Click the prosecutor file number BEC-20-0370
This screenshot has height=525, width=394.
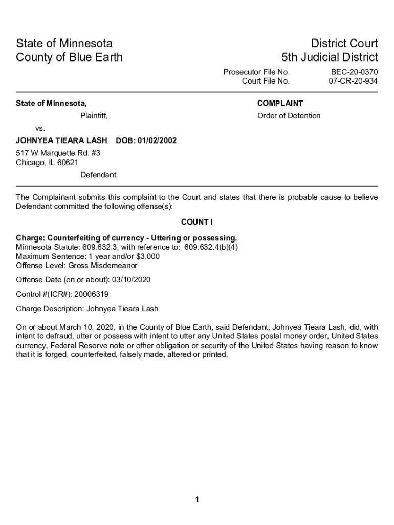point(354,72)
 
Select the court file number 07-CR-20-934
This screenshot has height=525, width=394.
point(353,81)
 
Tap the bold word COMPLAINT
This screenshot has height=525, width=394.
point(280,103)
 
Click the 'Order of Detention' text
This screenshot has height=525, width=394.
point(289,116)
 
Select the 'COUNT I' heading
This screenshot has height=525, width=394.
point(196,222)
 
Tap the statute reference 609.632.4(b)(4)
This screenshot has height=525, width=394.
point(211,247)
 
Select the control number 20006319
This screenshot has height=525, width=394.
point(91,294)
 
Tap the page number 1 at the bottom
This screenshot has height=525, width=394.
point(197,500)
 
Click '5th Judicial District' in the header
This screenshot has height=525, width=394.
point(329,57)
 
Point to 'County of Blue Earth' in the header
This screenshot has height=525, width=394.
point(69,57)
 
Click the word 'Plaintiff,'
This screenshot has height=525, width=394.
point(94,116)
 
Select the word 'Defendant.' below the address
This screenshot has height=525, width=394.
point(99,175)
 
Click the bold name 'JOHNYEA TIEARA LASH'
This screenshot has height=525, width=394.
point(61,140)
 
